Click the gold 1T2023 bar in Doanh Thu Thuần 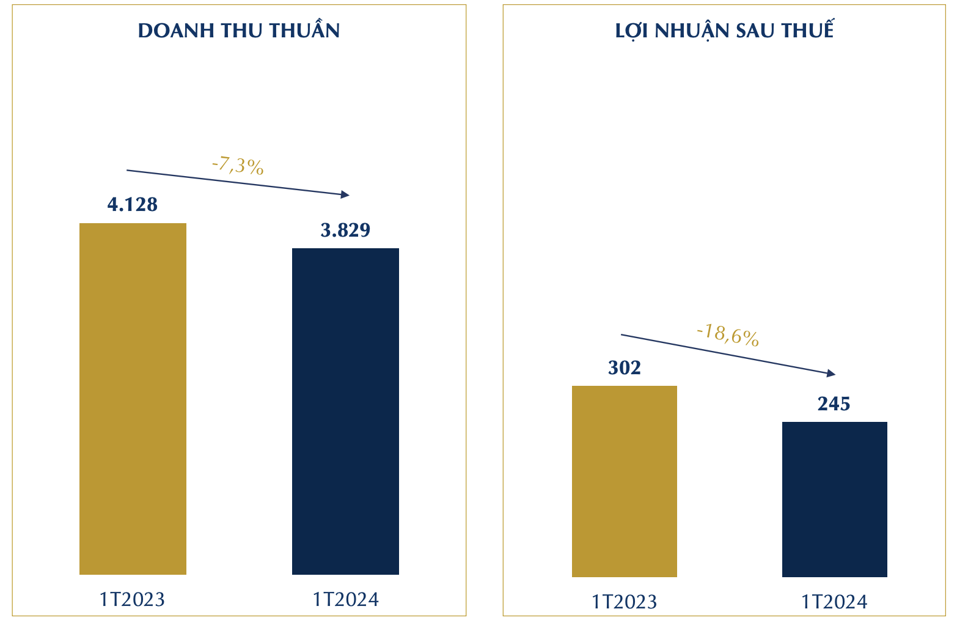pyautogui.click(x=133, y=399)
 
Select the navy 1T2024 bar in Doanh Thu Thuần pyautogui.click(x=345, y=411)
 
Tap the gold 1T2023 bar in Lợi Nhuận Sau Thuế pyautogui.click(x=624, y=481)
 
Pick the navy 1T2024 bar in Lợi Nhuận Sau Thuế pyautogui.click(x=834, y=499)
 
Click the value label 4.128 pyautogui.click(x=133, y=204)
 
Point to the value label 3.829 pyautogui.click(x=345, y=230)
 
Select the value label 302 pyautogui.click(x=624, y=367)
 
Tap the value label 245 pyautogui.click(x=834, y=404)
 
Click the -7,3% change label pyautogui.click(x=238, y=166)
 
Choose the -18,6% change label pyautogui.click(x=728, y=335)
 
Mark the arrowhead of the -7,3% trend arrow pyautogui.click(x=346, y=194)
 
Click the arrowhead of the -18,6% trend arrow pyautogui.click(x=831, y=373)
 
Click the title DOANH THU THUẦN pyautogui.click(x=239, y=31)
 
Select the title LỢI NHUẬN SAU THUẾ pyautogui.click(x=724, y=31)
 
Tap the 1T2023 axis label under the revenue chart pyautogui.click(x=133, y=599)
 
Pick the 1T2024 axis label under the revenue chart pyautogui.click(x=345, y=599)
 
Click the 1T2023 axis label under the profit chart pyautogui.click(x=624, y=602)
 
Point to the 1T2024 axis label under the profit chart pyautogui.click(x=834, y=602)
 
